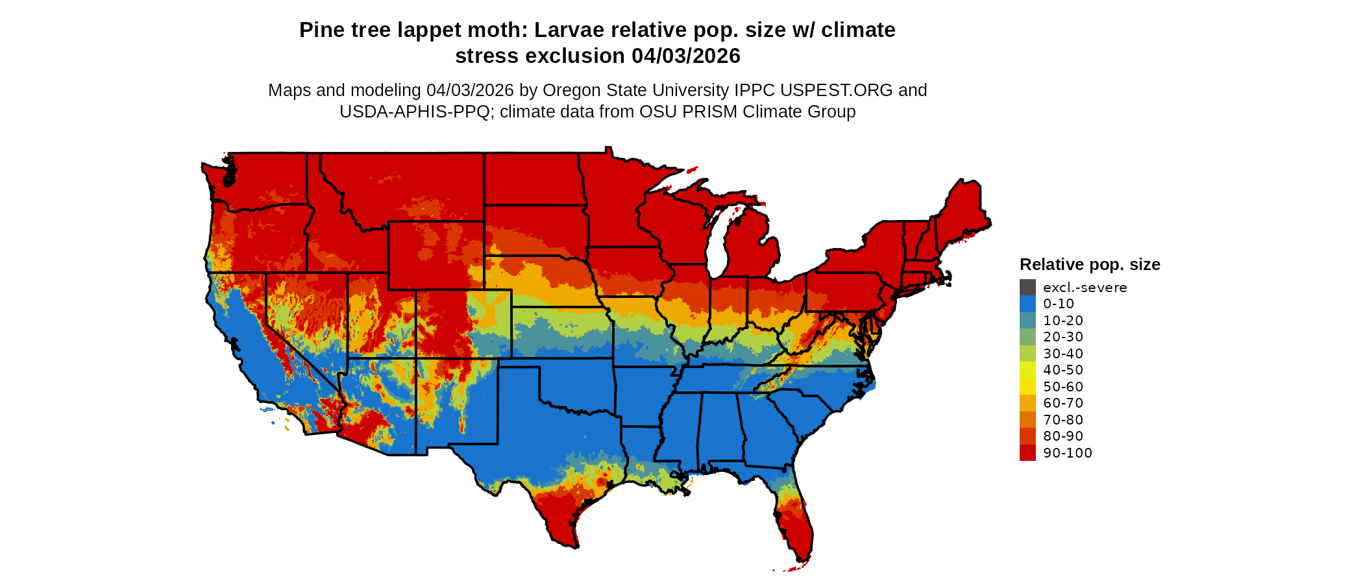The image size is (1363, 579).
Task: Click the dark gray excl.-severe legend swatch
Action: coord(1027,288)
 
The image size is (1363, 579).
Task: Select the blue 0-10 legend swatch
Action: coord(1027,304)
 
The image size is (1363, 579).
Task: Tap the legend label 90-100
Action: coord(1068,453)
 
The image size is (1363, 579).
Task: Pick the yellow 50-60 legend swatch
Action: coord(1027,387)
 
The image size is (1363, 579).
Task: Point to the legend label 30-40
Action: coord(1063,354)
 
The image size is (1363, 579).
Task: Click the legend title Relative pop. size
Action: coord(1090,265)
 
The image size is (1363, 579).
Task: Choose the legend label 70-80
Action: coord(1063,420)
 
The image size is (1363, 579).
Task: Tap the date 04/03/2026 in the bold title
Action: coord(686,56)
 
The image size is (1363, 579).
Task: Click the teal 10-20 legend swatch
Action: coord(1027,321)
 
